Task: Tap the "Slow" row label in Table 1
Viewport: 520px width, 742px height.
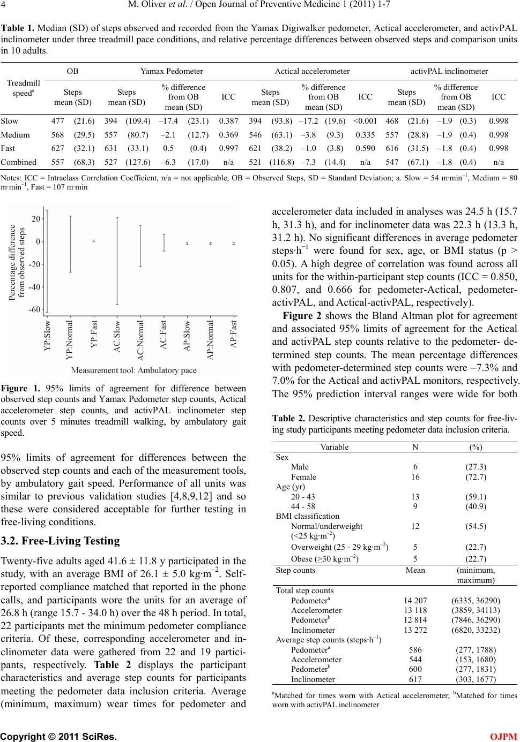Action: pos(10,122)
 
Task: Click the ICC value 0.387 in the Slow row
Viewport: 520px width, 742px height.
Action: pos(229,122)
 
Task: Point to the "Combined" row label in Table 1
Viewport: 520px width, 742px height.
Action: pos(19,162)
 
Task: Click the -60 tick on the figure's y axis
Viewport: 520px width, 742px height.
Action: pos(35,310)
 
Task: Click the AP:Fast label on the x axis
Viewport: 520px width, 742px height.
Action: pos(233,335)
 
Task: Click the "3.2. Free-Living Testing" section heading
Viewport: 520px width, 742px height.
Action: pos(61,541)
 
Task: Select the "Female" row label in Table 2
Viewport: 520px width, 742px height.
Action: pos(303,477)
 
